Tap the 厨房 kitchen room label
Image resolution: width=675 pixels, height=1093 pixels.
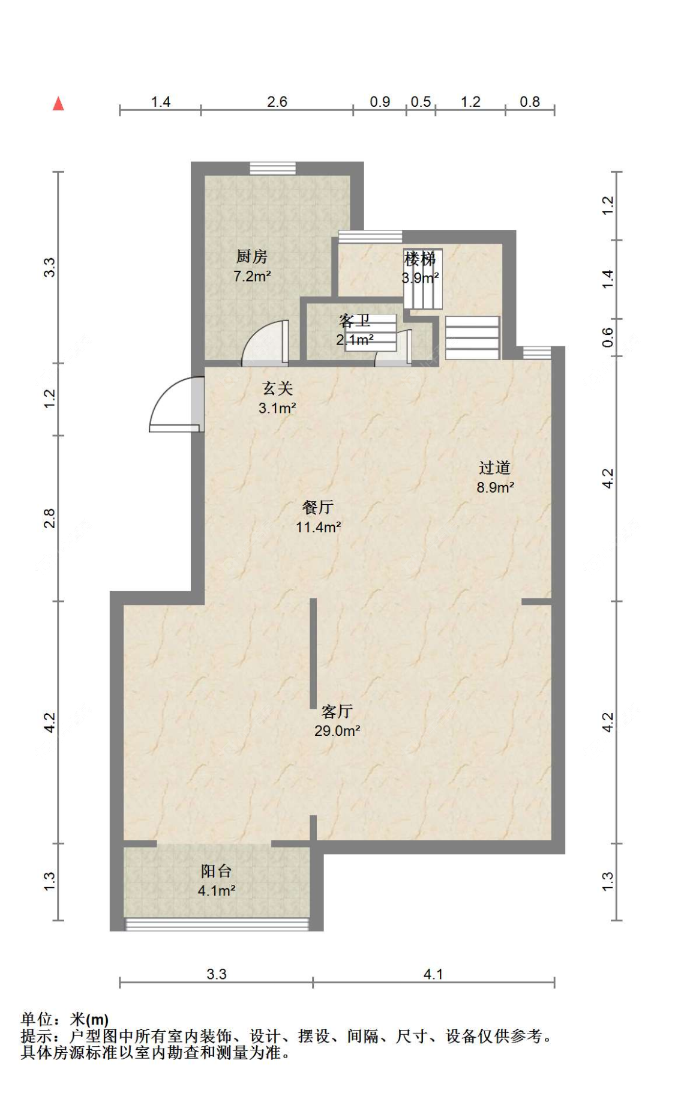251,256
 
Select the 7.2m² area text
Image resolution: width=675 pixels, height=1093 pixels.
252,276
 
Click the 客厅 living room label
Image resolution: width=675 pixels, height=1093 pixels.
337,711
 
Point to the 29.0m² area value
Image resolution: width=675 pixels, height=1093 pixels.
337,730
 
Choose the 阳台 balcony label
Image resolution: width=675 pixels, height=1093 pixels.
216,871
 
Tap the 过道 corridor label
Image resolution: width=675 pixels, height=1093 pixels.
494,468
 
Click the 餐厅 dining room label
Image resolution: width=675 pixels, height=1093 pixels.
318,507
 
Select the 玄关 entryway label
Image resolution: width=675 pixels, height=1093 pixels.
277,388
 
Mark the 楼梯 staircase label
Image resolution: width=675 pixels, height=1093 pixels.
420,259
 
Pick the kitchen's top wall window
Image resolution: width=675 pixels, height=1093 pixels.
273,168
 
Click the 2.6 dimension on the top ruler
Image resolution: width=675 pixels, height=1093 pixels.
277,101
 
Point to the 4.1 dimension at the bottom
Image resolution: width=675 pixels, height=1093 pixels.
433,974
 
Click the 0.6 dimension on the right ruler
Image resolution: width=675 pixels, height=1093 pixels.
608,337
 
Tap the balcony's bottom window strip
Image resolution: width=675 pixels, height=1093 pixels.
217,924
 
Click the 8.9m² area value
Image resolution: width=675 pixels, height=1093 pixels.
495,487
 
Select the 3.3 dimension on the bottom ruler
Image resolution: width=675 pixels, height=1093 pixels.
217,974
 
